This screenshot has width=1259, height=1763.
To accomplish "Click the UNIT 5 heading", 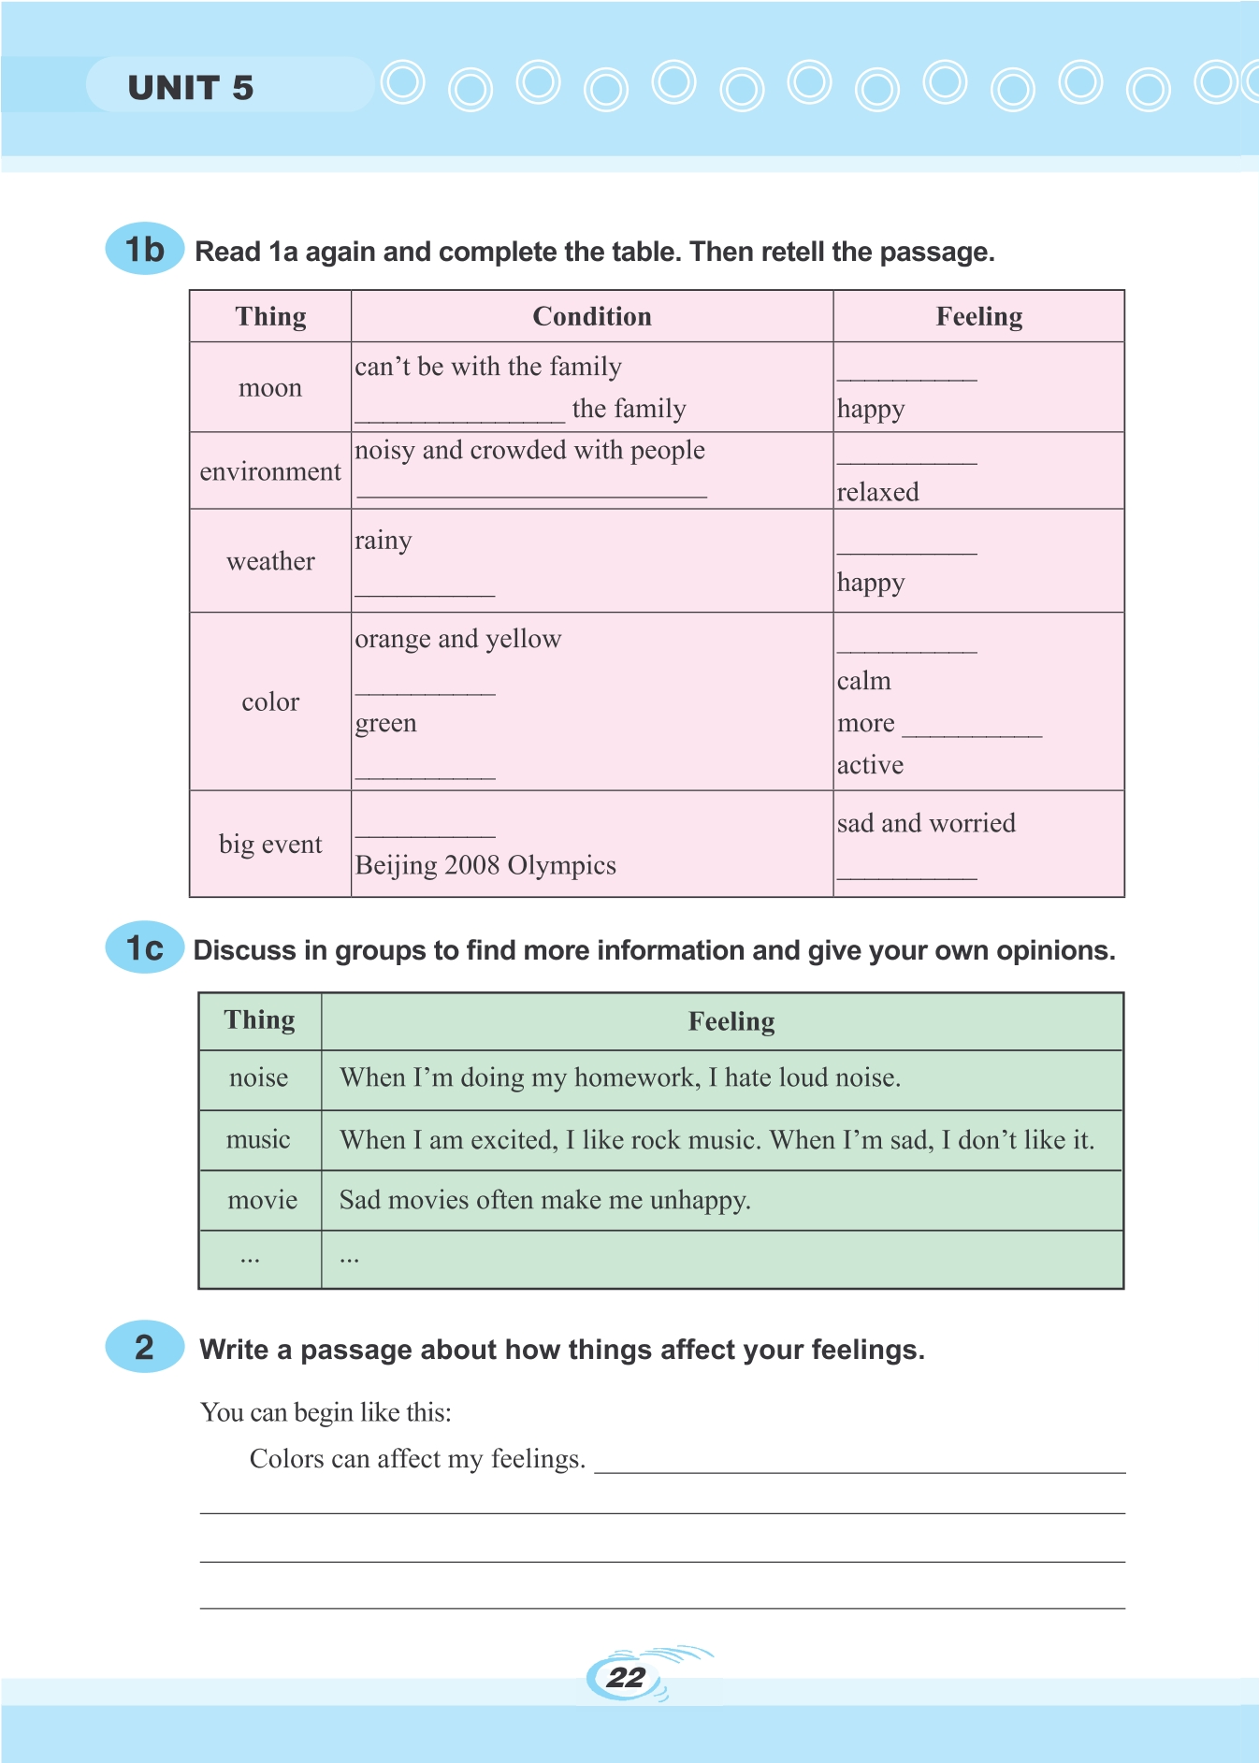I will coord(191,88).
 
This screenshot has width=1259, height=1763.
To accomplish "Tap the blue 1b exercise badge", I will coord(144,250).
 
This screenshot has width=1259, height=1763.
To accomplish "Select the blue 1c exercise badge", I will coord(144,948).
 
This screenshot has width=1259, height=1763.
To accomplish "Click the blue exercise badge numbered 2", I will coord(144,1347).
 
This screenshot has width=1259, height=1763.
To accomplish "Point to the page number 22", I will coord(625,1677).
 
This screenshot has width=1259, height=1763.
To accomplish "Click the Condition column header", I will coord(591,317).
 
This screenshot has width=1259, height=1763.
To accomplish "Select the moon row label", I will coord(270,388).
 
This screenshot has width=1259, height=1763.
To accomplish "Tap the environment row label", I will coord(270,471).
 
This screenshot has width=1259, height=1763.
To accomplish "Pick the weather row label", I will coord(270,561).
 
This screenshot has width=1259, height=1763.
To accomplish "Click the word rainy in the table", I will coord(383,542).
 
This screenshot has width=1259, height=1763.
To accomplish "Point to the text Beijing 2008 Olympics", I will coord(485,865).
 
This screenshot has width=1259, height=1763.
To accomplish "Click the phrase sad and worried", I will coord(926,823).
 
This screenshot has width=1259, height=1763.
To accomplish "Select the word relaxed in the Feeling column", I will coord(877,492).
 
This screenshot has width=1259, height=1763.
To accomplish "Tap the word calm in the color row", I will coord(863,681).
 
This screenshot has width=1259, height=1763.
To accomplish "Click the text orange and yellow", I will coord(458,639).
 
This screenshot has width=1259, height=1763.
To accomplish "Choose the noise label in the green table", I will coord(259,1077).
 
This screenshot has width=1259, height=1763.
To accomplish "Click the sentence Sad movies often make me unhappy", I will coord(545,1200).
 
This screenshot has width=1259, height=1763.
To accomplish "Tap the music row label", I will coord(258,1139).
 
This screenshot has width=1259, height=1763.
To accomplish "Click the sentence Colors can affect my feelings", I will coord(417,1459).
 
